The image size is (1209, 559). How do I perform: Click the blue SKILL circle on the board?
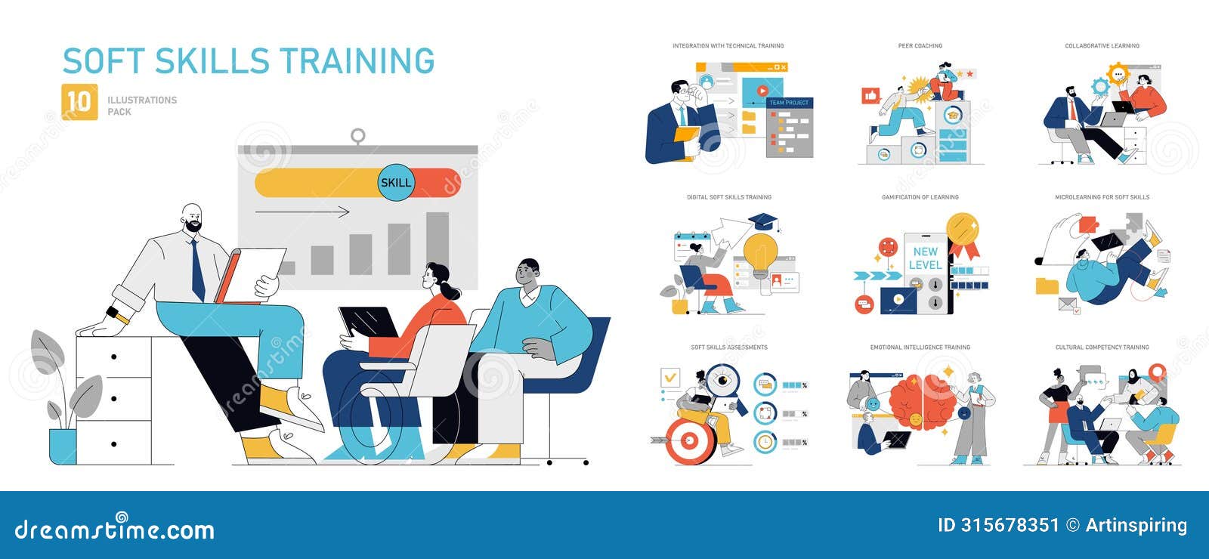click(396, 182)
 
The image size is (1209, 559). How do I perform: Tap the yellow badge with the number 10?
click(79, 101)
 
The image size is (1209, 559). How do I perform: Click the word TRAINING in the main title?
click(357, 61)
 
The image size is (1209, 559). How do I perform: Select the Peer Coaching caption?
click(920, 46)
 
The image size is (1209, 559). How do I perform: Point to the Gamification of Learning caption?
click(920, 197)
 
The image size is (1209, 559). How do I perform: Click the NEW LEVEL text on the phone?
click(925, 258)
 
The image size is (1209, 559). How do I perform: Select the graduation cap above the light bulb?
click(764, 221)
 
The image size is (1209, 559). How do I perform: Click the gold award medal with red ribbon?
click(963, 230)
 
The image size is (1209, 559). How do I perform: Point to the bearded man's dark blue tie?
click(197, 268)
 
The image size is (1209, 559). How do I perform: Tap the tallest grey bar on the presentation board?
click(437, 242)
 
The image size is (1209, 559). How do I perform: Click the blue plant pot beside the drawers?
click(62, 446)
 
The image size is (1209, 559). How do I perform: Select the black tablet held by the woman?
click(369, 322)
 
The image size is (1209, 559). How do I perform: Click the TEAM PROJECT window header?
click(789, 103)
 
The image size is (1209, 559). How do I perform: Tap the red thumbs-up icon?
click(871, 96)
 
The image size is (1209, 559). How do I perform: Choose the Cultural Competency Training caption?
click(1102, 347)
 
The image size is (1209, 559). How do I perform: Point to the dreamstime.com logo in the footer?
click(115, 529)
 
